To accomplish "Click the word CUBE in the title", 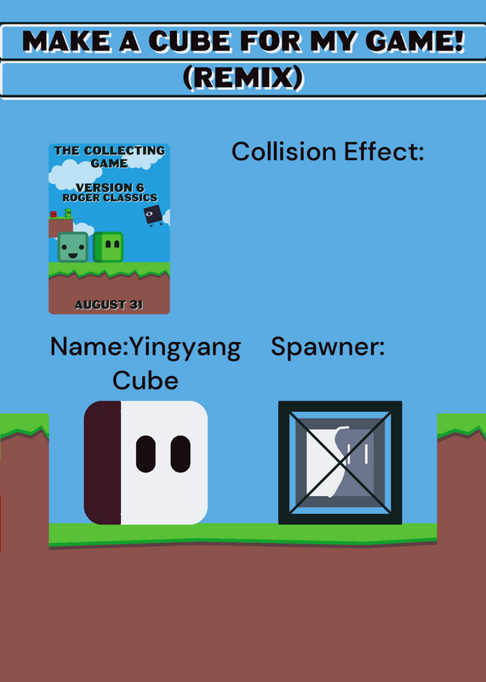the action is (x=190, y=41).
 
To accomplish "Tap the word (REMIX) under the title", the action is (x=243, y=78).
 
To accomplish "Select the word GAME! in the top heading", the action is (x=415, y=41).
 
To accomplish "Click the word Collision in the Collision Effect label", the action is (x=284, y=152).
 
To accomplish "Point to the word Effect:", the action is (x=384, y=152).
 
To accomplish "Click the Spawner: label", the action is (x=328, y=348).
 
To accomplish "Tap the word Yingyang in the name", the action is (x=186, y=349).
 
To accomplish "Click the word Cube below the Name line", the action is (x=146, y=380).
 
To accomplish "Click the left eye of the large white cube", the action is (x=146, y=454).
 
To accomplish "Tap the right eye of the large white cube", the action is (x=180, y=454).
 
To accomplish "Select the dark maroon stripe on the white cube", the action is (x=102, y=463).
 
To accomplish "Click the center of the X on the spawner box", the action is (x=340, y=463).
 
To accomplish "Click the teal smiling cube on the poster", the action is (x=73, y=247).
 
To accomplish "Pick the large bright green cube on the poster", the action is (x=108, y=247).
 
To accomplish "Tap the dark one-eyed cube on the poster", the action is (x=153, y=216).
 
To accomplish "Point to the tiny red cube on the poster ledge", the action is (x=54, y=214).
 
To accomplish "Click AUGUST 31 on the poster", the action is (x=109, y=304).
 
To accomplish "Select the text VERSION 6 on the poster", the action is (x=110, y=188).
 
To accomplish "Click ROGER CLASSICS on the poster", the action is (x=110, y=198).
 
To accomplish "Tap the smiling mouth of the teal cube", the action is (x=73, y=254).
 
